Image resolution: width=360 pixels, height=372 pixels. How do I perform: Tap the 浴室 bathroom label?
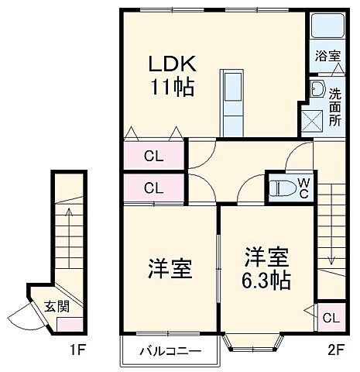327,57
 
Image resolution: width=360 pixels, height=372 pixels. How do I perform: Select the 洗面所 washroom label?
334,107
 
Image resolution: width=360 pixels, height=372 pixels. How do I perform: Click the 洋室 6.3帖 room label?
268,267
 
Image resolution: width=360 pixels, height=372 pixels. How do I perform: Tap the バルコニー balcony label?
170,352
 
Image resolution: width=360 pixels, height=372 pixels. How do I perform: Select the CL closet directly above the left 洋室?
153,188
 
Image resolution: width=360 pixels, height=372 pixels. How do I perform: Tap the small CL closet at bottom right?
329,317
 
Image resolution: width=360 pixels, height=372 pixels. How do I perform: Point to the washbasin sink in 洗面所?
316,88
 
